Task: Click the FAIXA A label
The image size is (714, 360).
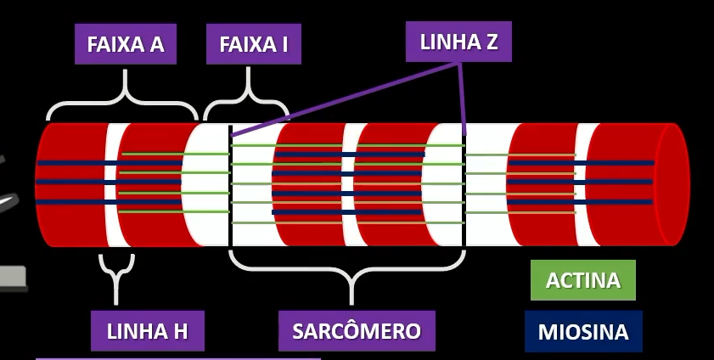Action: click(x=126, y=44)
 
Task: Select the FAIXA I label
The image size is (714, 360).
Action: click(x=253, y=44)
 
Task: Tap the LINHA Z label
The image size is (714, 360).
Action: click(x=458, y=42)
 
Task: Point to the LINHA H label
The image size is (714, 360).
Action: click(x=147, y=331)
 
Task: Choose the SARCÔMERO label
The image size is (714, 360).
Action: click(x=357, y=331)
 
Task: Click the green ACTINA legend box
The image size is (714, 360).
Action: click(x=582, y=280)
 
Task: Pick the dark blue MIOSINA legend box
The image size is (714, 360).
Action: click(x=582, y=332)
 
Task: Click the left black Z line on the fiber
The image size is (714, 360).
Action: click(x=230, y=187)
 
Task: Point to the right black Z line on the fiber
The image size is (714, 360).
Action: click(x=464, y=187)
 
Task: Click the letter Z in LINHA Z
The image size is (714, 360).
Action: click(x=492, y=42)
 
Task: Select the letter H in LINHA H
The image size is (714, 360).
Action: click(x=179, y=331)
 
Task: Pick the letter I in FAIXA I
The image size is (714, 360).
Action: click(x=285, y=44)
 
